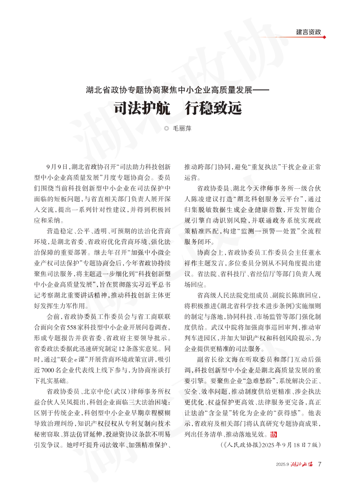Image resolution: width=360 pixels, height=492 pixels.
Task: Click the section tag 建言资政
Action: [x=309, y=32]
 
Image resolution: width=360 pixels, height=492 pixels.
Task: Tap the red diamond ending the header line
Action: [x=324, y=37]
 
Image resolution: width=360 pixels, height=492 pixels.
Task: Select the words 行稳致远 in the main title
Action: [x=211, y=108]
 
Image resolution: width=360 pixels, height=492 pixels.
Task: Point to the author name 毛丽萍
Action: [x=182, y=128]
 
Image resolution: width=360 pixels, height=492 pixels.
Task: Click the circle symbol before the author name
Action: [x=166, y=128]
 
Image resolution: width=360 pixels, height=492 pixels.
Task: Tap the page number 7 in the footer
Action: [x=319, y=464]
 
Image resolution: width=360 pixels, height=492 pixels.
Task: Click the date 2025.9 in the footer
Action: [x=283, y=464]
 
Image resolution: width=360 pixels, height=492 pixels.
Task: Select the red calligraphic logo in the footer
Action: [x=302, y=464]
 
